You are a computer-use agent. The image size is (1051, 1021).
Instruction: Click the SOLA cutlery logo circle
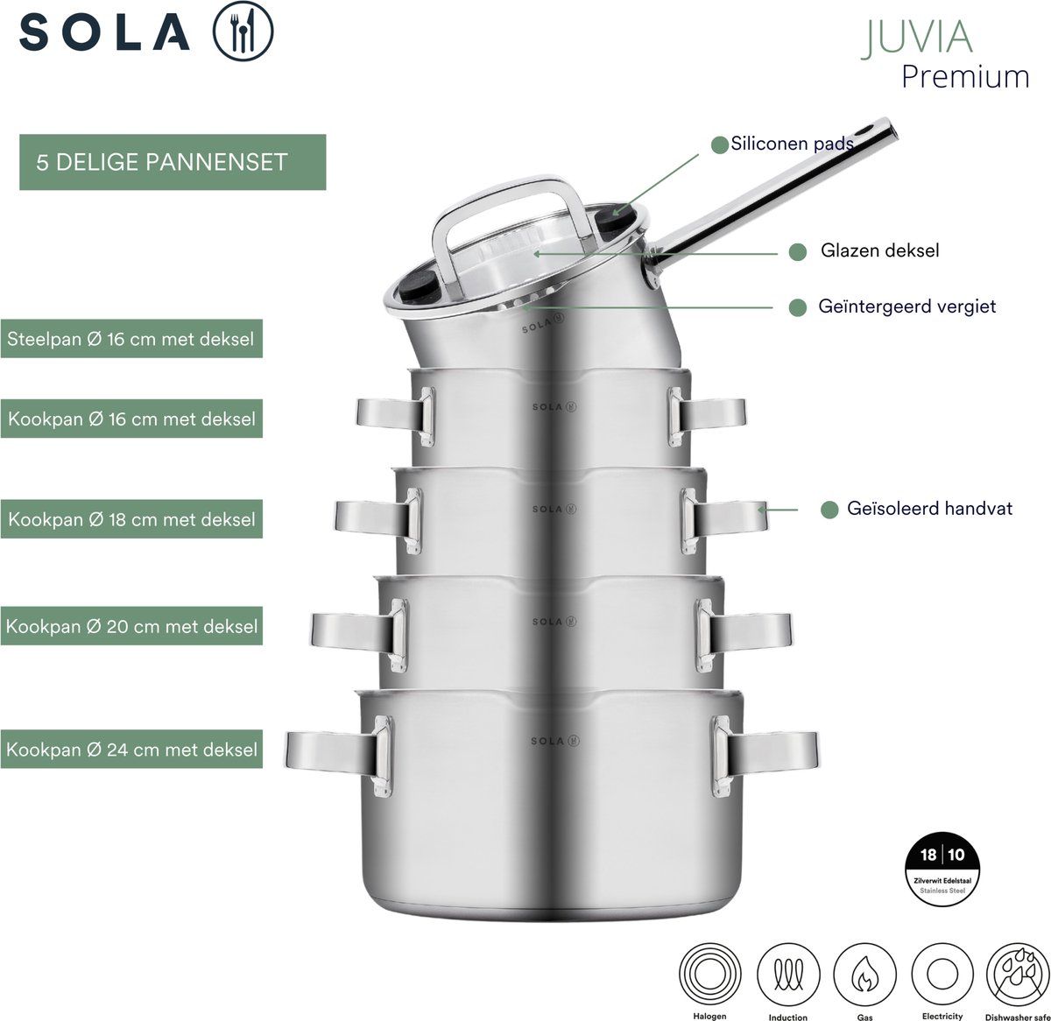(243, 31)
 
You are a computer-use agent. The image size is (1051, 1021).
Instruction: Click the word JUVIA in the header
(916, 38)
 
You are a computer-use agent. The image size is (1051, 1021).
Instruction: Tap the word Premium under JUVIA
(965, 77)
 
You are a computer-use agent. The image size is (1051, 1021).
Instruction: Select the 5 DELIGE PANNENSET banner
(173, 162)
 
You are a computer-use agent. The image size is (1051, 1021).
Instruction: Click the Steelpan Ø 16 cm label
(131, 339)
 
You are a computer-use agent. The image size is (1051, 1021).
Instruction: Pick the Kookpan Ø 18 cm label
(131, 519)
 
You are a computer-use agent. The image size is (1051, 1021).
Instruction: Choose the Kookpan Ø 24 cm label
(131, 749)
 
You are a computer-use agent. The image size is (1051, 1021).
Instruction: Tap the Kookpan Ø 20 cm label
(131, 626)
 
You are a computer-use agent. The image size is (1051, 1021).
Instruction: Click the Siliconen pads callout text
(792, 144)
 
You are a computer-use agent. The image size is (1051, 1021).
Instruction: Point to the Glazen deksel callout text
(880, 250)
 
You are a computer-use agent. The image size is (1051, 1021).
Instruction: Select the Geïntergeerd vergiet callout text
(906, 306)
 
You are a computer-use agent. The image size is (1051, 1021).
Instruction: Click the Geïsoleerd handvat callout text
(929, 509)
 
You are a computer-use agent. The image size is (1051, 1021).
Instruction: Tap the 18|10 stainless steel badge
(942, 869)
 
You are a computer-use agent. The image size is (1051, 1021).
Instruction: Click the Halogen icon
(709, 975)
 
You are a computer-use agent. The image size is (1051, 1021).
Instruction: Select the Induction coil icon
(788, 975)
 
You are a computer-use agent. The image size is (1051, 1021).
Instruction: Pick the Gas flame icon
(864, 975)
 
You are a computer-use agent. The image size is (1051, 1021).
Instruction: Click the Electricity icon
(942, 975)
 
